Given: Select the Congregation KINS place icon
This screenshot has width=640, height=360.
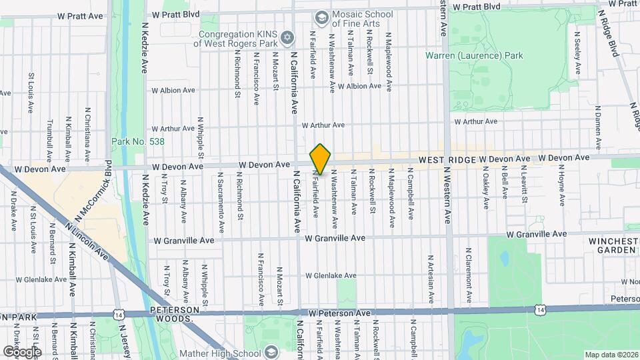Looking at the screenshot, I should tap(287, 37).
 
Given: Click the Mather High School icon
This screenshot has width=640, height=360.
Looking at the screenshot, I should tap(271, 353).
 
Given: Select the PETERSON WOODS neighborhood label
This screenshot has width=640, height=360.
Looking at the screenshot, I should tap(175, 315).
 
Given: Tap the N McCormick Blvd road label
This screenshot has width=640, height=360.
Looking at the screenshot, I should tap(92, 193).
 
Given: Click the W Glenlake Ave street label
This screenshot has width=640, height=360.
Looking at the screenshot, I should tap(331, 275).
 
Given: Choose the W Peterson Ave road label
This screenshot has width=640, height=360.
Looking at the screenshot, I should tap(339, 313).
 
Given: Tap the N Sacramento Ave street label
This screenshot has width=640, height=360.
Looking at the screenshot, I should tap(220, 197).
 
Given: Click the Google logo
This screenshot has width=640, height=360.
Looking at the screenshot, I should tap(22, 351).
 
